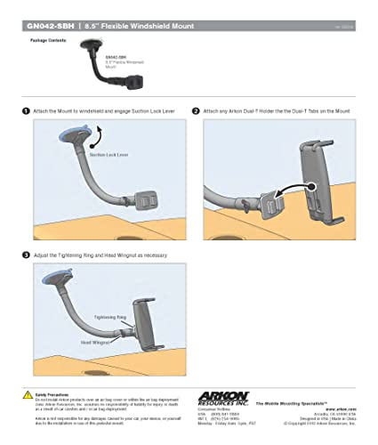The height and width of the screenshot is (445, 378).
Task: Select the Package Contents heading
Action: point(47,41)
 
